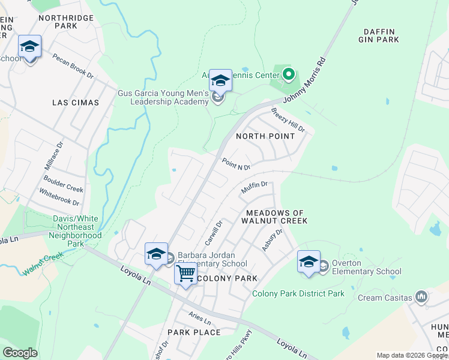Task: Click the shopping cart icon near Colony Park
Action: pos(186,274)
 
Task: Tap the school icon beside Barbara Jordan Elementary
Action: pos(156,254)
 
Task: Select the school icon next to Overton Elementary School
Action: pos(309,262)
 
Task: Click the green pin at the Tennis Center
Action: pos(289,75)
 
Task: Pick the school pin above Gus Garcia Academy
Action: pos(220,80)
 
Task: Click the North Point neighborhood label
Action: pos(265,136)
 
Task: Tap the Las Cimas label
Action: pos(76,103)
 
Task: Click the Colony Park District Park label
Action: pos(298,293)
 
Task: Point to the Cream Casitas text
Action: pos(385,298)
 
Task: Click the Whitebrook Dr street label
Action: pos(59,198)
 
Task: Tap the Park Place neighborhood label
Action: pos(194,332)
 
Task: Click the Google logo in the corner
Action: pos(20,353)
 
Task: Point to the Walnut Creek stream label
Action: pos(43,263)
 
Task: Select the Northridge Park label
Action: pos(66,22)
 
